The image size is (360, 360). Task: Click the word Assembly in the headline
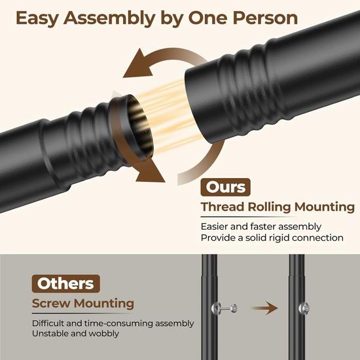[x=109, y=19]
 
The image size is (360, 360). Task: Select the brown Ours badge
[x=225, y=187]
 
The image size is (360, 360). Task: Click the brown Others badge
[x=65, y=283]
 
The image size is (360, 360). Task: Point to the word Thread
[x=223, y=207]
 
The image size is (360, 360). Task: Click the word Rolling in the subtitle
[x=269, y=207]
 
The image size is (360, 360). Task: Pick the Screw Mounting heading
[x=83, y=304]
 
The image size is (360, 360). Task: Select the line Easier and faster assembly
[x=261, y=227]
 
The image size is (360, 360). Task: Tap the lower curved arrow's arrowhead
[x=151, y=171]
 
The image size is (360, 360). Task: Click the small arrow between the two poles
[x=264, y=308]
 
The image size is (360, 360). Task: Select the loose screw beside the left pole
[x=225, y=308]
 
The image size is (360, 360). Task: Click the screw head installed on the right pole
[x=304, y=308]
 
